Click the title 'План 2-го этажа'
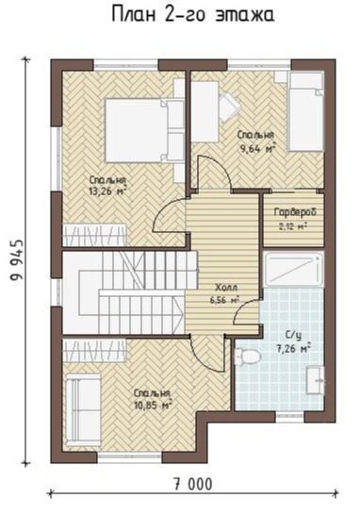point(193,16)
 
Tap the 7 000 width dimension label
point(193,484)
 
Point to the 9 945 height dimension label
point(17,260)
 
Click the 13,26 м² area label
point(107,191)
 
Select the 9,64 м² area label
point(258,149)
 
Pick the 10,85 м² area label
point(154,405)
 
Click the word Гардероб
point(295,212)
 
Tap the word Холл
point(226,288)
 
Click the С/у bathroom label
point(293,336)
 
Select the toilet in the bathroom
point(247,357)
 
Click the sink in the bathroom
point(315,380)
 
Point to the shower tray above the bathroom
point(293,270)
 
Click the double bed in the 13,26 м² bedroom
point(144,131)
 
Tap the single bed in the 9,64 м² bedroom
point(305,111)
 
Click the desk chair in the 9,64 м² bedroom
point(231,106)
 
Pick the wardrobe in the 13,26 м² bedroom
point(94,235)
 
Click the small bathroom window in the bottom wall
point(289,417)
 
